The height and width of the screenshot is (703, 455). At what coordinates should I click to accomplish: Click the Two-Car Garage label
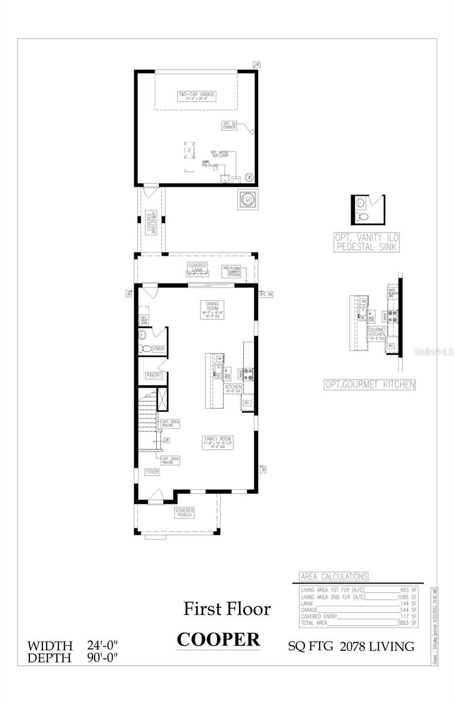coord(196,95)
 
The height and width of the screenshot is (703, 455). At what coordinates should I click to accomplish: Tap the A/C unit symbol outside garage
coord(247,199)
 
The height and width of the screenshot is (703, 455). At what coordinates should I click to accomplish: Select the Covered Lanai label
coord(197,268)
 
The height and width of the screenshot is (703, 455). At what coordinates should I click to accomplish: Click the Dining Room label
coord(212,308)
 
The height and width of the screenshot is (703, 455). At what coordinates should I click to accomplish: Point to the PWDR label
coord(158,349)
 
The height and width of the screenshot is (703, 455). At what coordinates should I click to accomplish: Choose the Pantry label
coord(154,375)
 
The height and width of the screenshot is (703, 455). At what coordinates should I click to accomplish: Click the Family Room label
coord(218,441)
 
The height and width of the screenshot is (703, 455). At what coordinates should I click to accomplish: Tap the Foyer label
coord(152,472)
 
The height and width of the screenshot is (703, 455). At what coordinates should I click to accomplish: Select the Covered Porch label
coord(185,513)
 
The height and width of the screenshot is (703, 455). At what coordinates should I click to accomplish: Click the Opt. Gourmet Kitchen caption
coord(370,385)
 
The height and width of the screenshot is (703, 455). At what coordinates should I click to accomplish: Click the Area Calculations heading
coord(334,576)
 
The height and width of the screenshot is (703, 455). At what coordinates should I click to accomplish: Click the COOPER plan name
coord(218,639)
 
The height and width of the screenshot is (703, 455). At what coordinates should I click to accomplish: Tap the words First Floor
coord(227,609)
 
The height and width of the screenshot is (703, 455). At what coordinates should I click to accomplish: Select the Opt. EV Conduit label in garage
coord(229,125)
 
